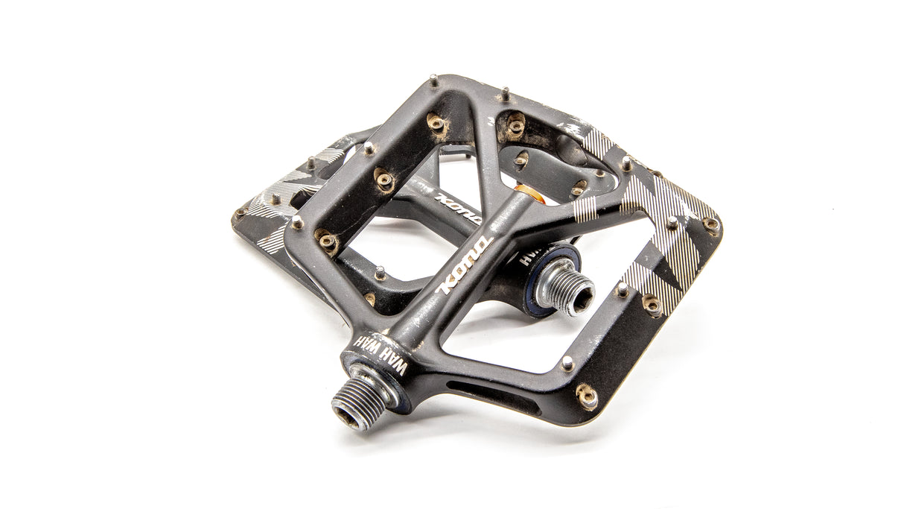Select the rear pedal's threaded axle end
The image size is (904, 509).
tap(565, 289)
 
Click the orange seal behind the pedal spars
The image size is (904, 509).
tap(526, 193)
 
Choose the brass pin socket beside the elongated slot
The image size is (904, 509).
tap(587, 396)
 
